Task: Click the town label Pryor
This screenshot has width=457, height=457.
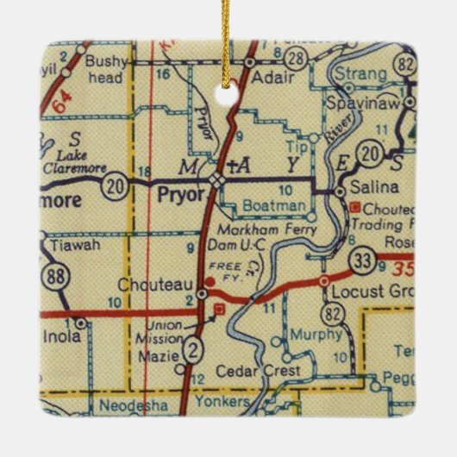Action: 180,196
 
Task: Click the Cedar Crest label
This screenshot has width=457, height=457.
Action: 270,371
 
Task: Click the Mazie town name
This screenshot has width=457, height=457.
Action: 161,355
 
